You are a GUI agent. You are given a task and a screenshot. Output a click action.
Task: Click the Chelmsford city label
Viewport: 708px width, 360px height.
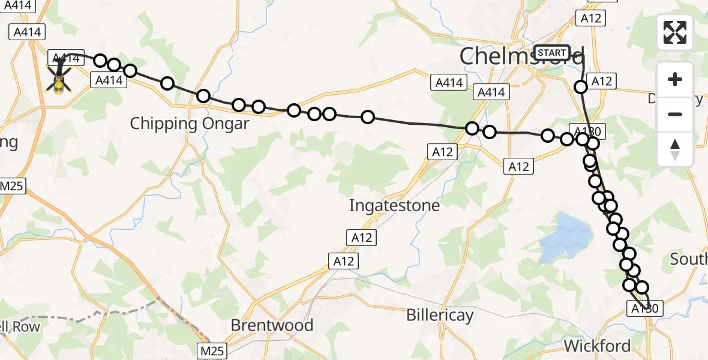521,56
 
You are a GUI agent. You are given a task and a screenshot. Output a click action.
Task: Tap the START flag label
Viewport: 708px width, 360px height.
551,53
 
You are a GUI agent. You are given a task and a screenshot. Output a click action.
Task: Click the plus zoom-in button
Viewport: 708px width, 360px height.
675,80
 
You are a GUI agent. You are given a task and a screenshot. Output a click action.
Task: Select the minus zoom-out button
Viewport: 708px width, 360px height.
675,114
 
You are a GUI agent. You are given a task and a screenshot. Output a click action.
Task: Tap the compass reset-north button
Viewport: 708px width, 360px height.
675,149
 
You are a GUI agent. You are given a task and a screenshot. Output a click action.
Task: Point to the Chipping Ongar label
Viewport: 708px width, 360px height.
190,124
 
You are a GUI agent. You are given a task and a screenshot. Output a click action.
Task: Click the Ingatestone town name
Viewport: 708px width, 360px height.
395,206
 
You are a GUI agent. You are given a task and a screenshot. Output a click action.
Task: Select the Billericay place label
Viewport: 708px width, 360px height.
440,315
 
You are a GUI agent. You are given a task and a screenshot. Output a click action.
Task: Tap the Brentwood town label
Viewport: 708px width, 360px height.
272,325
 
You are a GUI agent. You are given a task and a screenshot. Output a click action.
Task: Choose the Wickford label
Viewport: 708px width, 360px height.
598,346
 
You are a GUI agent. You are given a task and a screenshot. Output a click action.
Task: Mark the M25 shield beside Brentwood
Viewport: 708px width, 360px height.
212,349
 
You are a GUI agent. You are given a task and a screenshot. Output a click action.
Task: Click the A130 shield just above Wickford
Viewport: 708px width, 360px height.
646,309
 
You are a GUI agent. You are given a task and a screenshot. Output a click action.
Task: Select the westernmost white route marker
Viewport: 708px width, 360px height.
100,61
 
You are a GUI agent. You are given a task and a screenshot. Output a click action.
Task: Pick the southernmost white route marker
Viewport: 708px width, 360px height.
642,287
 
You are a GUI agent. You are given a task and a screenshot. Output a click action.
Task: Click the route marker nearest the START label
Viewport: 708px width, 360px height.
581,87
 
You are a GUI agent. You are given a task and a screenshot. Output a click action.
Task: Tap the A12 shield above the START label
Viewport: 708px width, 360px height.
590,19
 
